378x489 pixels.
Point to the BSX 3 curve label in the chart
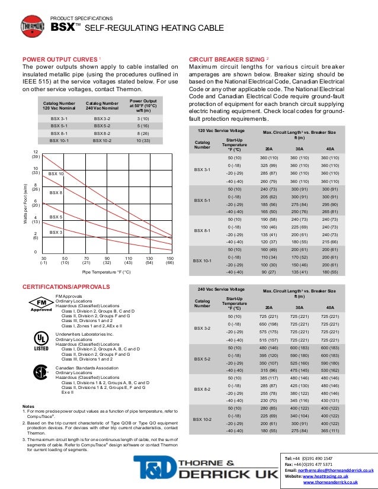pos(56,232)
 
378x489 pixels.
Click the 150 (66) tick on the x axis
pos(170,261)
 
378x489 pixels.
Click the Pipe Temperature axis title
pos(106,272)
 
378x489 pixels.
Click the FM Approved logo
pos(41,304)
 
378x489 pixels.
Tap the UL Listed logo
pos(41,340)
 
